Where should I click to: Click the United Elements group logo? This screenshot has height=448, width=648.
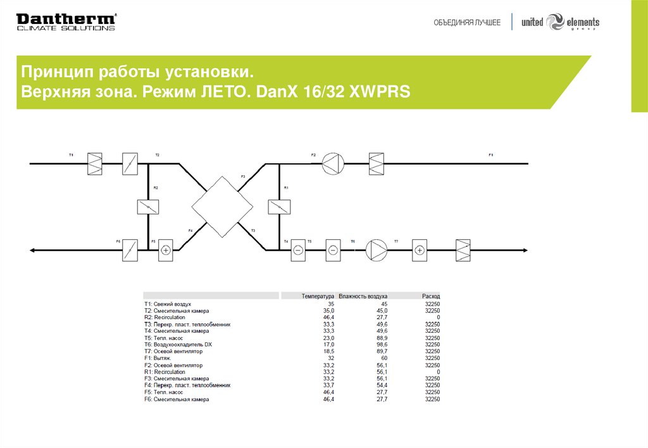click(x=560, y=22)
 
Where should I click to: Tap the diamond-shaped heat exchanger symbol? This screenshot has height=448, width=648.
click(x=222, y=207)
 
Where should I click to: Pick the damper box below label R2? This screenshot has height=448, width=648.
click(x=147, y=207)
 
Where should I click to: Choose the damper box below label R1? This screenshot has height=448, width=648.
click(x=278, y=207)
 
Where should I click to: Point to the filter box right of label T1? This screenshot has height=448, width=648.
click(x=95, y=164)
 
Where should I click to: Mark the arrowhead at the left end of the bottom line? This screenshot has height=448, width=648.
click(x=33, y=250)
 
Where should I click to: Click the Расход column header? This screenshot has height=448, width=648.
click(x=431, y=296)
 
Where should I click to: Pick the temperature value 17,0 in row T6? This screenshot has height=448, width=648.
click(x=328, y=344)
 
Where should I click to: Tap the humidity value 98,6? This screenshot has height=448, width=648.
click(x=382, y=344)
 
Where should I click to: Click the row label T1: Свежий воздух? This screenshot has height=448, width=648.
click(x=167, y=304)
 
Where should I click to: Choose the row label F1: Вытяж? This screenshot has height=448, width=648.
click(x=158, y=358)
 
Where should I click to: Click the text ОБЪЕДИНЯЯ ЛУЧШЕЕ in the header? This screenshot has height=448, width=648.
click(x=467, y=23)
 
